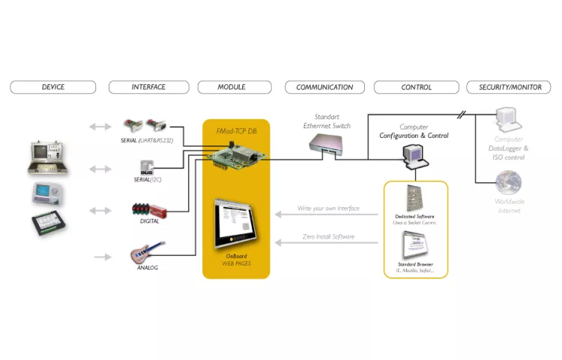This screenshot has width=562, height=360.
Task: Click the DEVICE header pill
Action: click(x=53, y=87)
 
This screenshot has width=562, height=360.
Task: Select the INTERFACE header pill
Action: click(x=148, y=87)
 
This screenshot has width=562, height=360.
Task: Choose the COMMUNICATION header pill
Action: click(x=324, y=87)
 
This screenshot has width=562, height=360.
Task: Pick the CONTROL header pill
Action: click(x=417, y=87)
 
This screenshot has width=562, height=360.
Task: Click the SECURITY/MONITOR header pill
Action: click(x=510, y=87)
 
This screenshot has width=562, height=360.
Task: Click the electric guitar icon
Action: click(x=148, y=252)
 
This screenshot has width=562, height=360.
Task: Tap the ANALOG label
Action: click(x=148, y=268)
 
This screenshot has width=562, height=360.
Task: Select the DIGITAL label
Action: click(x=149, y=221)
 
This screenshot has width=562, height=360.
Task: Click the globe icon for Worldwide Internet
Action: click(x=510, y=183)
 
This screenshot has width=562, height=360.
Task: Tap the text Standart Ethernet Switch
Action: click(x=326, y=121)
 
